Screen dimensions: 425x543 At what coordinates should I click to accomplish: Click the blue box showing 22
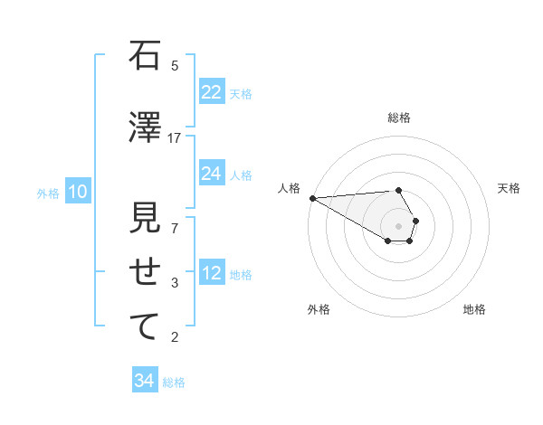(212, 92)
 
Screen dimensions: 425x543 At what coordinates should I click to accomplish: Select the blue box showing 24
(212, 174)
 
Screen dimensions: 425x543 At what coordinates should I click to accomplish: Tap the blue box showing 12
(212, 274)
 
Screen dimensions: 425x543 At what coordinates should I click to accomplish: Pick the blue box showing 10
(77, 192)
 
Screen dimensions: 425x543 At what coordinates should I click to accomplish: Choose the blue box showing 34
(145, 382)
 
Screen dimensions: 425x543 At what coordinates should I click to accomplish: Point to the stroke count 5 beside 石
(175, 65)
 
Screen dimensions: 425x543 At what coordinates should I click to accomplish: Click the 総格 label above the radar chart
(399, 118)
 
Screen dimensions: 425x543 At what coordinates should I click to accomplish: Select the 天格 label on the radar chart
(509, 188)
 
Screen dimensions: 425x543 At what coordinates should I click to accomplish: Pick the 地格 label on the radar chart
(474, 309)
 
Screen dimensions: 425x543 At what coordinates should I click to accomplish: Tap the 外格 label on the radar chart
(319, 309)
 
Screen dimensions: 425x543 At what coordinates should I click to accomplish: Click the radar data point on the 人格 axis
(312, 198)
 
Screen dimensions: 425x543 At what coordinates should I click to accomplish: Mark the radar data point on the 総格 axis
(399, 190)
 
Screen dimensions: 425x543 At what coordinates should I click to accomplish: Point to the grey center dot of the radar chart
(399, 226)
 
